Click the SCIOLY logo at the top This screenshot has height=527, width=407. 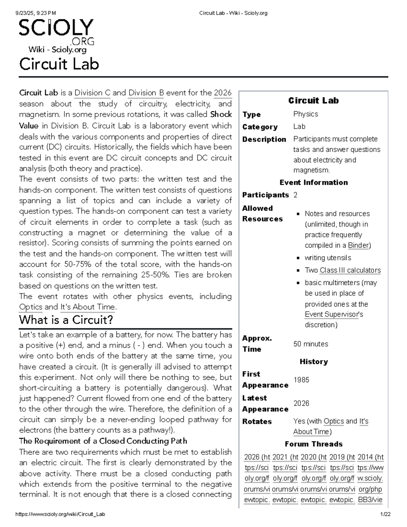pos(56,32)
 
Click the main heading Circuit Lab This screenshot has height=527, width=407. pos(59,64)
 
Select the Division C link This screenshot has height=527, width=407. pos(92,93)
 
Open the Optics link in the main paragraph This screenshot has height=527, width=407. pos(31,307)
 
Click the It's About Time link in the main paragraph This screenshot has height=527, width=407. pos(88,307)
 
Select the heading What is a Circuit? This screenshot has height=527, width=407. pos(66,320)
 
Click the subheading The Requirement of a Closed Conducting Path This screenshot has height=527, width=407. pos(103,441)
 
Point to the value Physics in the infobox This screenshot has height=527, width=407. pos(306,114)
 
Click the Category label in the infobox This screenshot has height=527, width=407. pos(260,127)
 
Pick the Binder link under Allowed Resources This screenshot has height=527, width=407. pos(358,245)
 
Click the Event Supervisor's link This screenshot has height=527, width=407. pos(334,315)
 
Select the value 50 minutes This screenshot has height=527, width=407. pos(311,344)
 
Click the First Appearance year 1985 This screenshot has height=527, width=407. pos(301,380)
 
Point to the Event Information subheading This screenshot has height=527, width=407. pos(313,183)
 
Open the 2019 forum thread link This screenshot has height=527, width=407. pos(342,457)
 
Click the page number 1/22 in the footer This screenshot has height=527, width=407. pos(386,514)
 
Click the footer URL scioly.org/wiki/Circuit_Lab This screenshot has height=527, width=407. pos(60,514)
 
